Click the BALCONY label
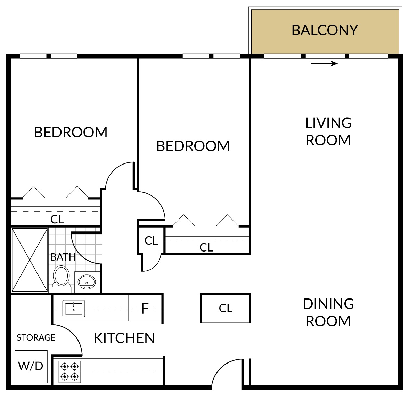(325, 30)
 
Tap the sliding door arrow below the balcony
(324, 63)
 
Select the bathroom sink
(87, 282)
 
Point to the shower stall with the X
(30, 260)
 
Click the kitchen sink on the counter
(74, 309)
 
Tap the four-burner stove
(69, 372)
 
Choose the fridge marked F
(145, 309)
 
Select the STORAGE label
(36, 338)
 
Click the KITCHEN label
(124, 338)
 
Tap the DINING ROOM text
(328, 312)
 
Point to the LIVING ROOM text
(328, 131)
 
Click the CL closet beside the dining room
(226, 308)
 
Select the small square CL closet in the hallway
(151, 240)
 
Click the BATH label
(63, 257)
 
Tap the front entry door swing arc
(219, 367)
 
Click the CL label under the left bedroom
(57, 220)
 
